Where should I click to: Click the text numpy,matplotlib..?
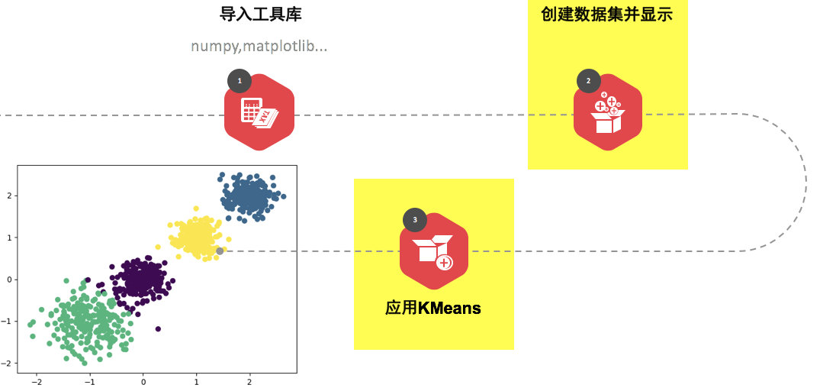(259, 47)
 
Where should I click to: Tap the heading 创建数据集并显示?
(606, 14)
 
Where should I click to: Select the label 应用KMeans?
(433, 308)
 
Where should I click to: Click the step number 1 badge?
(240, 80)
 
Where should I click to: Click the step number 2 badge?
(588, 80)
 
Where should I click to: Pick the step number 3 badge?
(414, 220)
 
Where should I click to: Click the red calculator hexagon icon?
(259, 113)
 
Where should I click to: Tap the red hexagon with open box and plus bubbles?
(608, 113)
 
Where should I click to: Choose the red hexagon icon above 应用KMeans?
(433, 251)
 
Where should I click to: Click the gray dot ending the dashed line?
(220, 251)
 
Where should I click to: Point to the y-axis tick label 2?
(10, 196)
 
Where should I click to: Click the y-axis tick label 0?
(10, 280)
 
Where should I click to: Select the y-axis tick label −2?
(8, 364)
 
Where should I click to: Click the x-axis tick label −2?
(35, 381)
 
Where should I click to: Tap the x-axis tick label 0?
(143, 381)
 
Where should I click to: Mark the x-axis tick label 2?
(249, 381)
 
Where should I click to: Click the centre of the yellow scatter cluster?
(195, 237)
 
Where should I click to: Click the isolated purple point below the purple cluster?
(158, 329)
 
